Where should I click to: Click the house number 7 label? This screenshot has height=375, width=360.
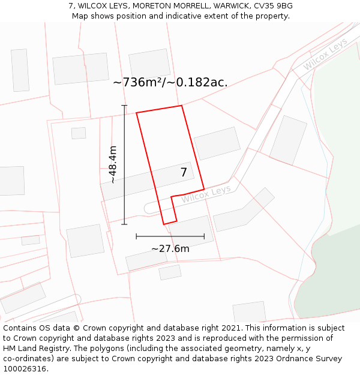[184, 173]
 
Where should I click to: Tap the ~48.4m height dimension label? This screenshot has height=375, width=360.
[112, 165]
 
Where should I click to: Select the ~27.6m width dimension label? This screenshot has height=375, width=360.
[170, 248]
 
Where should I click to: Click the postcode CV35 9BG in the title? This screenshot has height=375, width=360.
[272, 6]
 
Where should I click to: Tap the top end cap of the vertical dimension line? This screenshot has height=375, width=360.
[124, 106]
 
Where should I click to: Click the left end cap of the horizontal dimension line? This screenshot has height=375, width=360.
[136, 236]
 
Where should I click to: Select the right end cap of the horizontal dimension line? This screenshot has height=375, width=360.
[204, 236]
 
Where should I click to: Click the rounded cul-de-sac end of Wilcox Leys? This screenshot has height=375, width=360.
[148, 208]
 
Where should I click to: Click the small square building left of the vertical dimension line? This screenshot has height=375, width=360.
[79, 133]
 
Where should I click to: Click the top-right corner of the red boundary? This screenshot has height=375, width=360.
[182, 106]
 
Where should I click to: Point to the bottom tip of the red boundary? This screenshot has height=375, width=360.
[164, 224]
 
